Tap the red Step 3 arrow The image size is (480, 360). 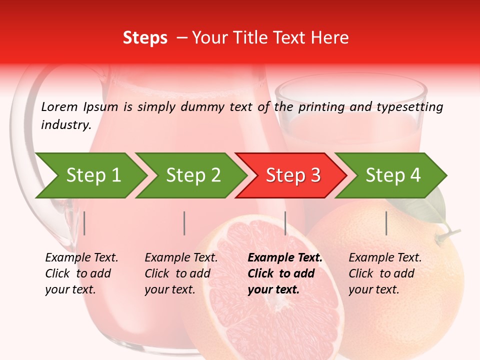[293, 175]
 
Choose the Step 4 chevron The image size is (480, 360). [393, 175]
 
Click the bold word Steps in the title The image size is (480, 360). [145, 38]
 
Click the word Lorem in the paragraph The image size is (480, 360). [59, 106]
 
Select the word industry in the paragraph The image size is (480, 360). [65, 124]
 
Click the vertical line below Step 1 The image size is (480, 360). [84, 223]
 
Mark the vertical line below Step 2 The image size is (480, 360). [184, 223]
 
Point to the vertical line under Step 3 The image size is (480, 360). [285, 223]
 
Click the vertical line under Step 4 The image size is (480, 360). [386, 223]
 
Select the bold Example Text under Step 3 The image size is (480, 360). [285, 258]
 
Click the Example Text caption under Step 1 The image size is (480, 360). [81, 258]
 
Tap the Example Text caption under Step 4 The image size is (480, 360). [385, 258]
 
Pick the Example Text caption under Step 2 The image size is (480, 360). [181, 258]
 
